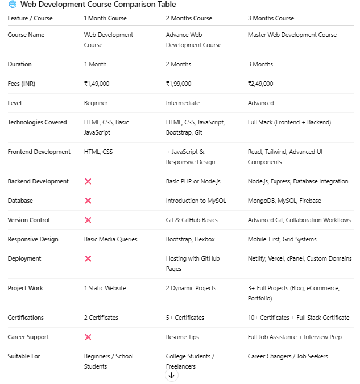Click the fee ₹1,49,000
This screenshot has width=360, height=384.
click(x=97, y=84)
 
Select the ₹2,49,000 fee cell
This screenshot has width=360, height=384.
click(x=260, y=84)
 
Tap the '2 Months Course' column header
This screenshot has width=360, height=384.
click(x=189, y=18)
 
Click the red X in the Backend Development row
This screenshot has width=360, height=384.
click(x=88, y=182)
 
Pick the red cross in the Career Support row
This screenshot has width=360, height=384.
click(x=88, y=337)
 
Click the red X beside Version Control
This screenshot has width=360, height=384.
click(x=88, y=220)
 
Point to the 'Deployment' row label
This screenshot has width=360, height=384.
click(x=24, y=258)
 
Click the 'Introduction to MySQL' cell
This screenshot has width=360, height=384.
click(x=196, y=201)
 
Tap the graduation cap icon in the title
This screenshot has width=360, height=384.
click(x=13, y=5)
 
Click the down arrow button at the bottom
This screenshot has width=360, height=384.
click(x=171, y=375)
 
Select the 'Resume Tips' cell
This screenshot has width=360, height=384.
click(x=183, y=337)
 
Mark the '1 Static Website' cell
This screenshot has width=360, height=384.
click(x=105, y=288)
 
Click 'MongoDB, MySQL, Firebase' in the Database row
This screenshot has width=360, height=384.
click(x=284, y=201)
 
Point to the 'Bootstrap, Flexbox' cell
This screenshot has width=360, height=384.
click(x=191, y=239)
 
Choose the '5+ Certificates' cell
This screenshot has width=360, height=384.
click(x=185, y=318)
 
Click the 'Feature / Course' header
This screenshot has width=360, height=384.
click(x=30, y=18)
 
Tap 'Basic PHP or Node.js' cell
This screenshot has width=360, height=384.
click(x=193, y=181)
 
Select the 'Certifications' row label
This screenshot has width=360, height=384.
click(x=26, y=318)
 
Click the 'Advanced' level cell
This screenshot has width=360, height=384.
click(x=260, y=103)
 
